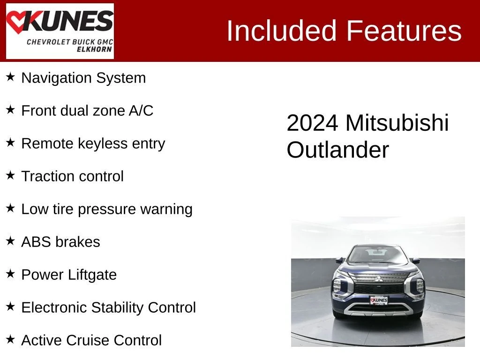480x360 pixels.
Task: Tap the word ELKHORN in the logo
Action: tap(94, 49)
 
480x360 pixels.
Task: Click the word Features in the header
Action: tap(404, 30)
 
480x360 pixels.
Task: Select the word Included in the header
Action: tap(282, 30)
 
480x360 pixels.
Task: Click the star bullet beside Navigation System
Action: tap(10, 77)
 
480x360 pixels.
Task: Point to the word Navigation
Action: tap(57, 78)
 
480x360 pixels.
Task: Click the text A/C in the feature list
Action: tap(141, 111)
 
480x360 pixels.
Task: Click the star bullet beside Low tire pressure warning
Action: tap(10, 208)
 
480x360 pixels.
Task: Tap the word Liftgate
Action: tap(92, 275)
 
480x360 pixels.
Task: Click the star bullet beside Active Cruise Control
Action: tap(10, 339)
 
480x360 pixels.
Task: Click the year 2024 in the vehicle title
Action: tap(313, 123)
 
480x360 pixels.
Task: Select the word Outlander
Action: tap(337, 150)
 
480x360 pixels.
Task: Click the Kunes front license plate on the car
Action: tap(379, 300)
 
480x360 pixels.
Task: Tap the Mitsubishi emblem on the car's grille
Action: tap(379, 279)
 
